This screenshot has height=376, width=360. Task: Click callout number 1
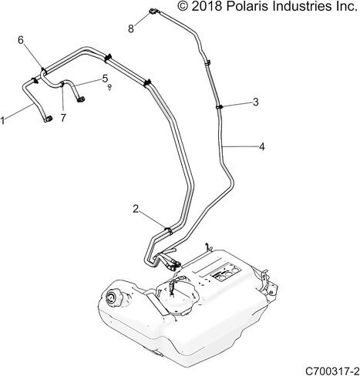click(x=2, y=120)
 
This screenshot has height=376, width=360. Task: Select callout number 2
click(x=136, y=209)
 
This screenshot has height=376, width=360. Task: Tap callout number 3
click(x=255, y=102)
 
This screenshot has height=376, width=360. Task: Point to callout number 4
click(x=261, y=146)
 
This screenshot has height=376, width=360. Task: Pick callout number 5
click(x=105, y=79)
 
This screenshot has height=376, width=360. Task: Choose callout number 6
click(x=21, y=40)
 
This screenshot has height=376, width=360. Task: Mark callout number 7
click(x=63, y=118)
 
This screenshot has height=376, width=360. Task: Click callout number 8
click(x=131, y=29)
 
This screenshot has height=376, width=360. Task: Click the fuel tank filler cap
click(x=113, y=297)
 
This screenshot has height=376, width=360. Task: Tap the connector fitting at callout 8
click(x=153, y=11)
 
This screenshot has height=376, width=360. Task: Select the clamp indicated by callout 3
click(x=219, y=107)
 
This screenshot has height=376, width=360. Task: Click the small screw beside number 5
click(x=109, y=87)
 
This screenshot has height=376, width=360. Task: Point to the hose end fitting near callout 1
click(x=48, y=119)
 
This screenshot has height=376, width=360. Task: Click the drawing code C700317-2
click(x=332, y=371)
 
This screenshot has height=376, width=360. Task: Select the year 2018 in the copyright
click(x=207, y=6)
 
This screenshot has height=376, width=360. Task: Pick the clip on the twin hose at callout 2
click(x=168, y=230)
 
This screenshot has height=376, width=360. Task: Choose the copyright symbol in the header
click(x=183, y=6)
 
